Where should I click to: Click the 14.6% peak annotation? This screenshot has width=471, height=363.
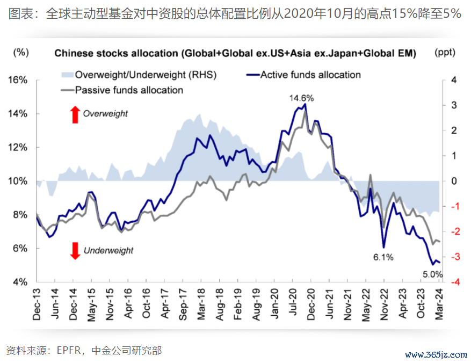click(x=301, y=98)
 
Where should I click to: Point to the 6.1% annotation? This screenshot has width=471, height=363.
click(x=383, y=257)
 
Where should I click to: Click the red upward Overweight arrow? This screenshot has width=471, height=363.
click(x=75, y=113)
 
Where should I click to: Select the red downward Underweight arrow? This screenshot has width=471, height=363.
click(x=75, y=250)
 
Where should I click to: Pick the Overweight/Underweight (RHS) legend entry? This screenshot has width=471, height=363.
click(x=138, y=75)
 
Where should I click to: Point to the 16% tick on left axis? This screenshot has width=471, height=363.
click(x=18, y=80)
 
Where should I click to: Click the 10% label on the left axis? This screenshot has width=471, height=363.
click(x=18, y=181)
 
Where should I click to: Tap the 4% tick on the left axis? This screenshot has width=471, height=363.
click(x=20, y=282)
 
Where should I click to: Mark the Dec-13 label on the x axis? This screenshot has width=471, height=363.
click(x=37, y=304)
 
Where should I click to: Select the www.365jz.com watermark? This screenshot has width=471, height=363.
click(x=436, y=355)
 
